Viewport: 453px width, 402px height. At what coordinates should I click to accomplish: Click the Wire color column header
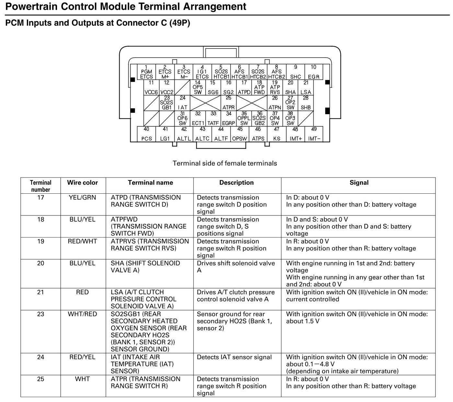[x=82, y=183]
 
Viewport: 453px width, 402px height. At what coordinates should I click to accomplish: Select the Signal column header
[x=359, y=183]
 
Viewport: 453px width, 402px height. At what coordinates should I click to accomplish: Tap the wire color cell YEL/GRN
[x=82, y=198]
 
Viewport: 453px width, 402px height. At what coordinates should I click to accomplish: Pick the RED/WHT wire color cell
[x=82, y=241]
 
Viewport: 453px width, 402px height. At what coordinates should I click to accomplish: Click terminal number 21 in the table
[x=41, y=292]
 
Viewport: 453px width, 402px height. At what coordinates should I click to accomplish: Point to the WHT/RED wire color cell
[x=82, y=314]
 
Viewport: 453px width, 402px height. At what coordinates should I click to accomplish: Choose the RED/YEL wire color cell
[x=82, y=357]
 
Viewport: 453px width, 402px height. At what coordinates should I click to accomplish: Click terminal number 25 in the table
[x=41, y=379]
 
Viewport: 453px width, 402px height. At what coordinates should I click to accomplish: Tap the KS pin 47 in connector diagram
[x=276, y=134]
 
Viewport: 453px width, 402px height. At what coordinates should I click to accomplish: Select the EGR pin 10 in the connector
[x=313, y=72]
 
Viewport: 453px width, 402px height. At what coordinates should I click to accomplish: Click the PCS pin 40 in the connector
[x=146, y=134]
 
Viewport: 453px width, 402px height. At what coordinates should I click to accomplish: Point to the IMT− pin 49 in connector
[x=314, y=134]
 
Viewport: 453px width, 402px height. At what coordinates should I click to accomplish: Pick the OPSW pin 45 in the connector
[x=239, y=134]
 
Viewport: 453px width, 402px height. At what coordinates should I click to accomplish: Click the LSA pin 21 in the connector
[x=306, y=88]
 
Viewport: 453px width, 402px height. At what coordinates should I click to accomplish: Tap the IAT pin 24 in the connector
[x=182, y=103]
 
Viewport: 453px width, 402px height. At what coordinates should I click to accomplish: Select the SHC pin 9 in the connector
[x=295, y=72]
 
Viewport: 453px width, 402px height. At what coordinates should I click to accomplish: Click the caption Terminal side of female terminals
[x=225, y=163]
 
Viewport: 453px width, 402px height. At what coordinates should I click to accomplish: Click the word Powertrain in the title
[x=31, y=6]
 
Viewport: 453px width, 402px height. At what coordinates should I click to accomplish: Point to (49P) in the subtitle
[x=180, y=23]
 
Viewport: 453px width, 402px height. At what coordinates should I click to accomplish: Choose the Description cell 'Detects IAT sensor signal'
[x=234, y=357]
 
